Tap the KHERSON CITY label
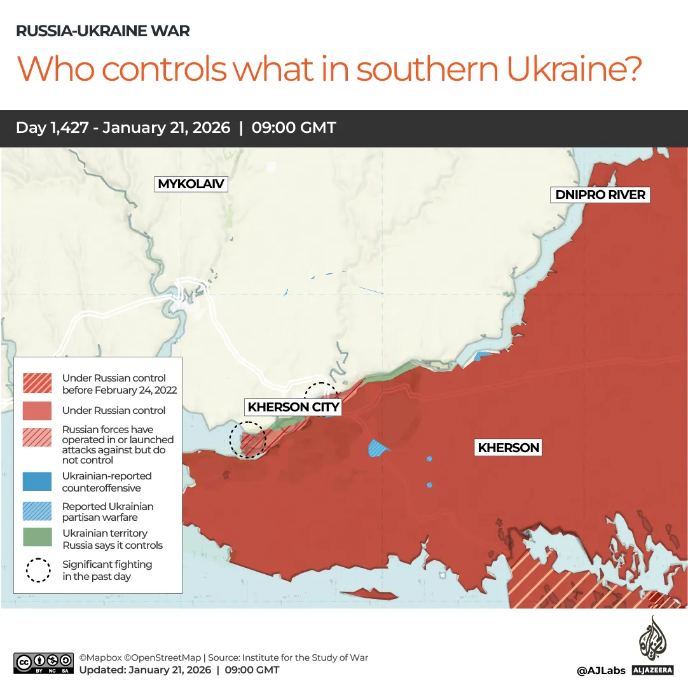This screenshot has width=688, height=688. tap(294, 407)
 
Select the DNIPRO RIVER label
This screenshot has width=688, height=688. tap(600, 195)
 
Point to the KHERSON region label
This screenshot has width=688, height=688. tap(509, 448)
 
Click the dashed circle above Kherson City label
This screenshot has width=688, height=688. tap(320, 393)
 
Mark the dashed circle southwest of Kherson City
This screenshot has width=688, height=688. tap(247, 439)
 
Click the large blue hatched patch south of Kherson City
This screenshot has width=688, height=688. tap(379, 448)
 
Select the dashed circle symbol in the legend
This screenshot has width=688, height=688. tap(38, 570)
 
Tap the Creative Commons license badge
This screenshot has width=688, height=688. tap(43, 663)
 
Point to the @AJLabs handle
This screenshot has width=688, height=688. tap(601, 670)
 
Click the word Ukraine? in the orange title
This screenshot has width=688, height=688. tap(574, 69)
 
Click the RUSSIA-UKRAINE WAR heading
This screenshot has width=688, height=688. tap(102, 31)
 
